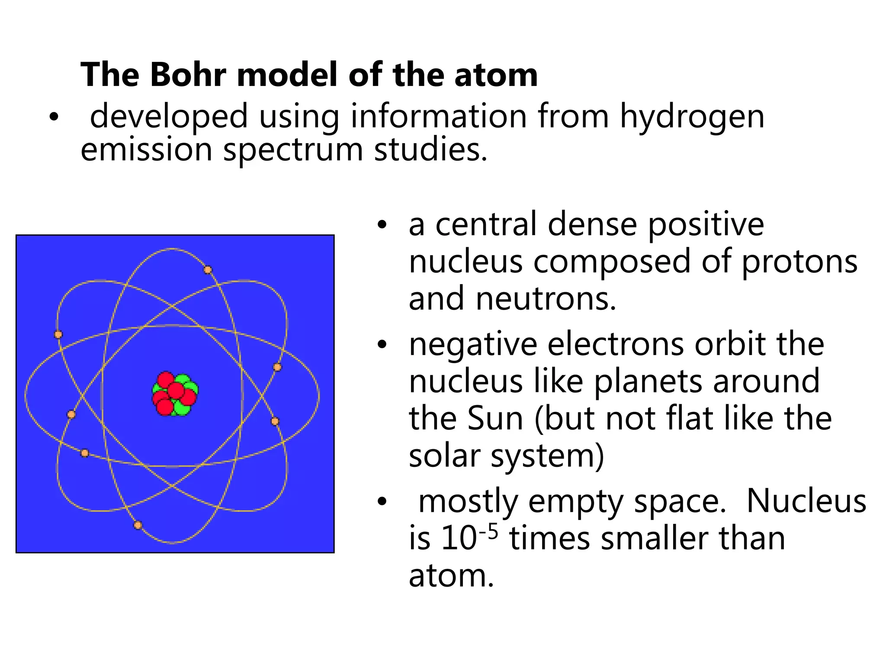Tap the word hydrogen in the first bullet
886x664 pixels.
pos(692,117)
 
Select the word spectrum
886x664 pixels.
pos(293,150)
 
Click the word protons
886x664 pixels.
pos(799,262)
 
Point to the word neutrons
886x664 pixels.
pos(546,299)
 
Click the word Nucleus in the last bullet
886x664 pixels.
pos(806,501)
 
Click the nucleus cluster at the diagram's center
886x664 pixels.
pos(175,394)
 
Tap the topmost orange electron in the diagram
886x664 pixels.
pos(208,270)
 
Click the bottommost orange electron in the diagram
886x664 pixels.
pos(138,525)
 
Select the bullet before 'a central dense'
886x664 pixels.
pos(381,225)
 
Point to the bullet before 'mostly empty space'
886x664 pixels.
pos(381,501)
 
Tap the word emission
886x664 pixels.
pos(146,150)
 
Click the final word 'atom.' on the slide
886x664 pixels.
pos(451,576)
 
